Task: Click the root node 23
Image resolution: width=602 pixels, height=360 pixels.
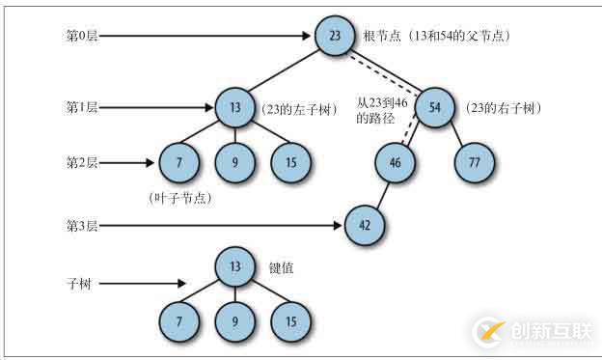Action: [334, 38]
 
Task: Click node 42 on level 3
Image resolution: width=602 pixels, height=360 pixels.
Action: [364, 226]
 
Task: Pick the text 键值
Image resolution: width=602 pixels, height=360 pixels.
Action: [284, 267]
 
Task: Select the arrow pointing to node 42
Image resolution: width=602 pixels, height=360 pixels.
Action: [222, 226]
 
